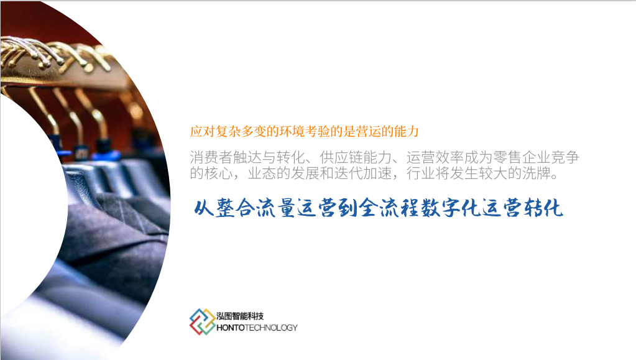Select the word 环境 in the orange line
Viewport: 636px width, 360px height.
(x=292, y=131)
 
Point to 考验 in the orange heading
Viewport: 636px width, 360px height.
(x=318, y=131)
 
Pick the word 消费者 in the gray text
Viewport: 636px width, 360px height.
(x=211, y=157)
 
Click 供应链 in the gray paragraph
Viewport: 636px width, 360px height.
(x=341, y=157)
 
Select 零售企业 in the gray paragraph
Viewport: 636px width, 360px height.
(x=522, y=157)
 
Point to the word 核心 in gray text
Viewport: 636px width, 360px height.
(x=219, y=173)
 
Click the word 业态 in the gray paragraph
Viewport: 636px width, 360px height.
(x=262, y=173)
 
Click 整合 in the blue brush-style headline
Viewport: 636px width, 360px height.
(x=235, y=208)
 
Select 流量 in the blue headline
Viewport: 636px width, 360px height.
(x=276, y=208)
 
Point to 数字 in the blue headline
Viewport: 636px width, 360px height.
(x=441, y=208)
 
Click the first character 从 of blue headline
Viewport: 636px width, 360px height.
(x=204, y=208)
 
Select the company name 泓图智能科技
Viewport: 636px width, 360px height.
(x=240, y=316)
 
